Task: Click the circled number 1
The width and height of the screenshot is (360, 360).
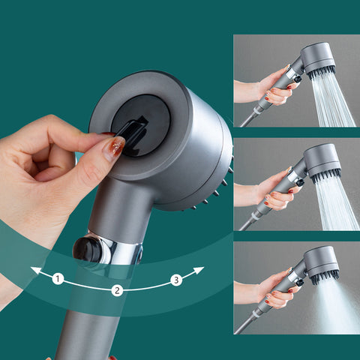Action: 58,279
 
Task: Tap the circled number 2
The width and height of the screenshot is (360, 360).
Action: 117,290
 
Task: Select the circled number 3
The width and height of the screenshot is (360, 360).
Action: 176,280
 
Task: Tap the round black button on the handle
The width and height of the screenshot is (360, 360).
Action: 88,251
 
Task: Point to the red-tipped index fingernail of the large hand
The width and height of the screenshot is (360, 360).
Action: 114,148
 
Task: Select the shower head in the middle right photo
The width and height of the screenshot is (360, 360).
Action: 321,161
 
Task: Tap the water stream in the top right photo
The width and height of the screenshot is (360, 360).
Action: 331,101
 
